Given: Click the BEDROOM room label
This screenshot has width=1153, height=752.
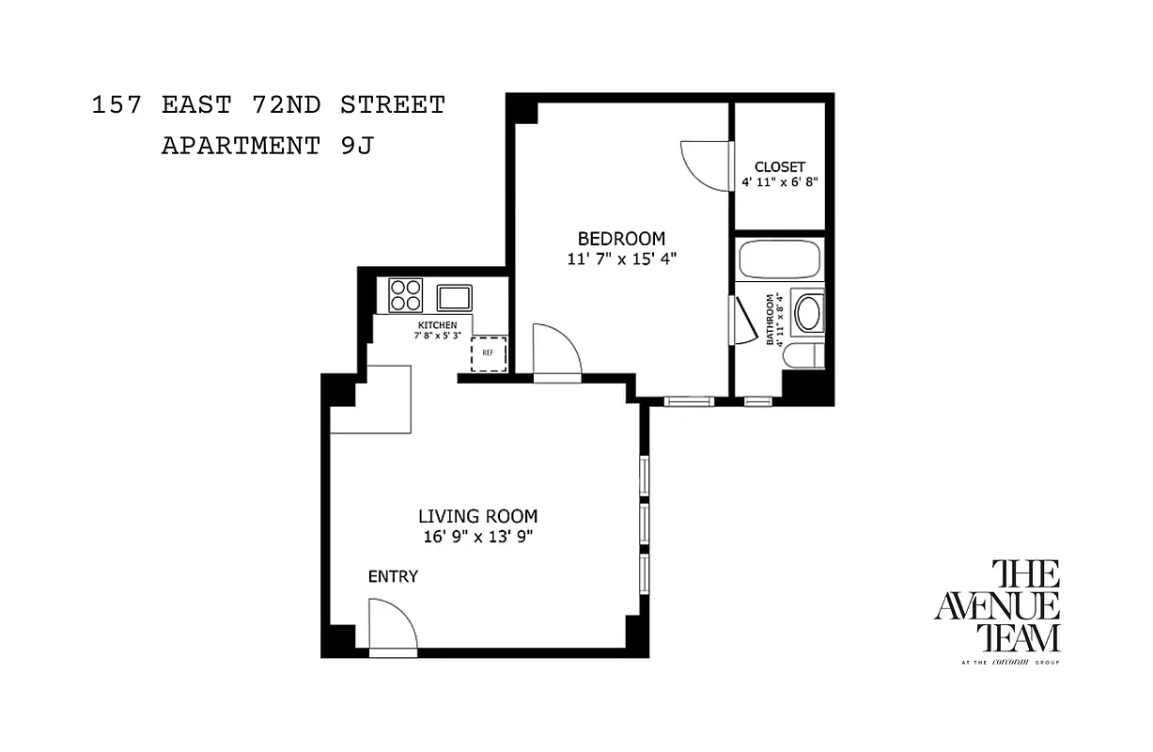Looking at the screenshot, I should (x=620, y=239).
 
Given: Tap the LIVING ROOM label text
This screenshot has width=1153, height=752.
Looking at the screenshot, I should (x=477, y=516).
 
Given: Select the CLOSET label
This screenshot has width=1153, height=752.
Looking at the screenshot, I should (x=779, y=166).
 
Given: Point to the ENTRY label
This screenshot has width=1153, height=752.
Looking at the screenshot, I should (x=393, y=576).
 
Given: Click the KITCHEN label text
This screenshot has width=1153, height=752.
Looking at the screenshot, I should (x=437, y=325).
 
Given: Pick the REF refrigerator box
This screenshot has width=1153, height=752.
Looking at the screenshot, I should (x=488, y=353).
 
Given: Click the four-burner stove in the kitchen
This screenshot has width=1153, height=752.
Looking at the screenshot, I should (x=406, y=295).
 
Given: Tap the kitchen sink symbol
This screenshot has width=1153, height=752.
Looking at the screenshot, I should (x=454, y=298).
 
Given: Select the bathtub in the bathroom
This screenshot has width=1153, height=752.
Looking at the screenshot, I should (x=779, y=259).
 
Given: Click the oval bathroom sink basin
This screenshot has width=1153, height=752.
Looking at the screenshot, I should (x=807, y=314).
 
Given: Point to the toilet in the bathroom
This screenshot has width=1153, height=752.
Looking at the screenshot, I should (x=802, y=356).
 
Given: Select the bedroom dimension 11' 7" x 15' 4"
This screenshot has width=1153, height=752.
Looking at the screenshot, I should (x=621, y=258).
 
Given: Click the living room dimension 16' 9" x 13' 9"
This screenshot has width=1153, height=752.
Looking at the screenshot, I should (x=477, y=537).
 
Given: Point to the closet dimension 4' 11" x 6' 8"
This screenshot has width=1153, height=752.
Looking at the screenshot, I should (x=780, y=182).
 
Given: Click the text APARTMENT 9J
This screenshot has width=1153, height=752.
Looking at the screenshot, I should (x=267, y=147).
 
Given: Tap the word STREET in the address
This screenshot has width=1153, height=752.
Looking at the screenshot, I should (x=393, y=104).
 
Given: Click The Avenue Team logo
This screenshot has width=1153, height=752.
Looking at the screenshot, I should (x=997, y=610).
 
